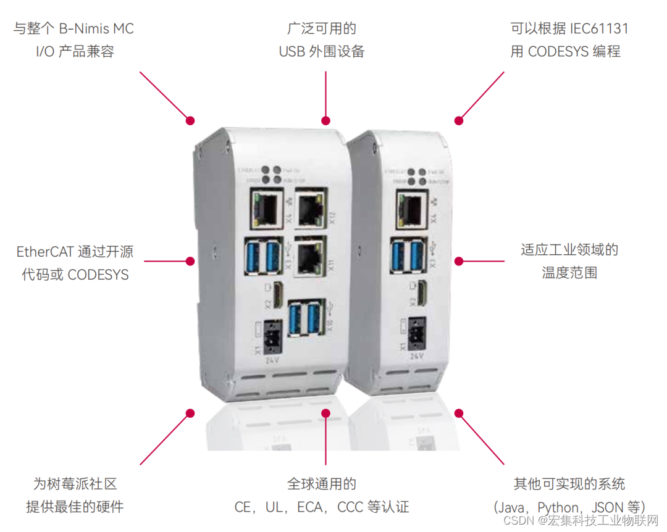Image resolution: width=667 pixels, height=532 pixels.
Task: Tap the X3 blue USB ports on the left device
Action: (x=264, y=254)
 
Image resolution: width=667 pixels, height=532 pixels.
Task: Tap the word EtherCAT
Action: (x=46, y=251)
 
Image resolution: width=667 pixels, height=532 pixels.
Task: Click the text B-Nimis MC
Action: (x=96, y=28)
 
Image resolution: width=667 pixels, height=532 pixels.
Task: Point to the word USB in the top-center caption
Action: (x=292, y=52)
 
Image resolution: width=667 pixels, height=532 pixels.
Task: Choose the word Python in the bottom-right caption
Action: (x=558, y=507)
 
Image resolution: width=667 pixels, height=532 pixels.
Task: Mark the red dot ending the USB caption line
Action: (x=325, y=120)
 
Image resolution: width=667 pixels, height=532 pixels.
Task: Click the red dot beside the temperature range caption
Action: (x=458, y=261)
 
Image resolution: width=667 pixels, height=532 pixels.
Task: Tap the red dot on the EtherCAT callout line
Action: (x=190, y=261)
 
